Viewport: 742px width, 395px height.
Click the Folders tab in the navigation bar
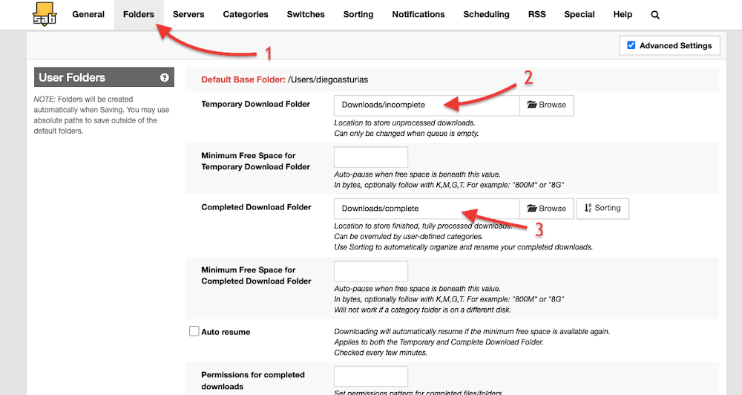coord(139,14)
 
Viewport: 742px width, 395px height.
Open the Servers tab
coord(188,14)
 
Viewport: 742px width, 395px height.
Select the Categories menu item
coord(246,14)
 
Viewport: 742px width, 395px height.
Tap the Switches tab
coord(306,14)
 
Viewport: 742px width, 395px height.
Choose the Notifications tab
coord(418,14)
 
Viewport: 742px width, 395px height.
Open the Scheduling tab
coord(486,14)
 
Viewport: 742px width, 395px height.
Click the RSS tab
coord(536,14)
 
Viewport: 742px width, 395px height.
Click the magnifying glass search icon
coord(655,15)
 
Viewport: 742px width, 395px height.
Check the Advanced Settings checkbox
coord(631,45)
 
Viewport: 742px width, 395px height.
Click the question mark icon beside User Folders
coord(164,77)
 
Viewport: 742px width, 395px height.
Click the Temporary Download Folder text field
coord(426,105)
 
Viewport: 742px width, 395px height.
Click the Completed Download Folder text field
coord(426,209)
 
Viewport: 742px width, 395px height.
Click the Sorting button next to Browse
coord(603,209)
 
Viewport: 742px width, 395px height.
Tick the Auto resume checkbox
coord(194,332)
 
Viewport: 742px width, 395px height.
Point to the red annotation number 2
coord(528,76)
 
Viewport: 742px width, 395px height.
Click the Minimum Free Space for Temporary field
coord(371,157)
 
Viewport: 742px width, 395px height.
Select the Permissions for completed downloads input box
coord(371,376)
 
